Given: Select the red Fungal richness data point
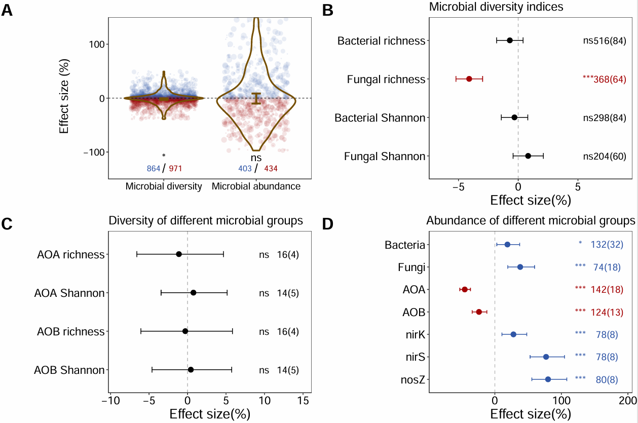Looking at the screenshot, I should click(x=469, y=79).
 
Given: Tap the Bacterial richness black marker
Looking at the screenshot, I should click(x=510, y=40).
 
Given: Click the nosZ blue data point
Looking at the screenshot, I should click(x=548, y=379).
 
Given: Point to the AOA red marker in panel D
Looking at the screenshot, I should click(x=465, y=289).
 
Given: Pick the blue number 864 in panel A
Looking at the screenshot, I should click(x=154, y=168).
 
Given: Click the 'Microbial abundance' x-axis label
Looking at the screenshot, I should click(x=256, y=186).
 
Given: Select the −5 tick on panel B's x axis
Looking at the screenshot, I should click(x=458, y=186).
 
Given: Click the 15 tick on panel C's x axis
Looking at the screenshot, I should click(x=303, y=400).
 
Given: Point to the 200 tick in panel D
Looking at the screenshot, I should click(x=628, y=400).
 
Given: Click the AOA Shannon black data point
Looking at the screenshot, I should click(x=193, y=292).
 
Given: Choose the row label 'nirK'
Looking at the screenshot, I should click(x=414, y=334).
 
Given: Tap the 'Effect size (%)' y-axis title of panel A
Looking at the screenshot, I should click(x=64, y=98).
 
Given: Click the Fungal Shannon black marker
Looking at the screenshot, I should click(x=528, y=156).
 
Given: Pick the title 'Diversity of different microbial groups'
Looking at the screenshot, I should click(x=206, y=221).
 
